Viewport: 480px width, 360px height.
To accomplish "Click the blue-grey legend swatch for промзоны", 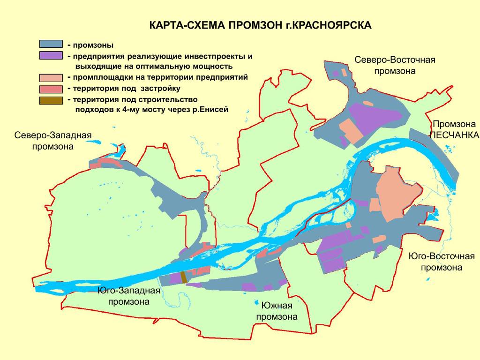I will click(x=51, y=45).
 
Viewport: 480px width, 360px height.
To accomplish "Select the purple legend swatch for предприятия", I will click(x=51, y=55).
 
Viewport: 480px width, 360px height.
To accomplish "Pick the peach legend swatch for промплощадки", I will click(x=51, y=78).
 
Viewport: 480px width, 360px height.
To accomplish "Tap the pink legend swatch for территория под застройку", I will click(x=51, y=89).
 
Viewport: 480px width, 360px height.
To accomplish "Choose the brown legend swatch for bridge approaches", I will click(x=51, y=100).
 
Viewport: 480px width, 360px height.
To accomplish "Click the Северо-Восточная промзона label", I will click(x=395, y=66).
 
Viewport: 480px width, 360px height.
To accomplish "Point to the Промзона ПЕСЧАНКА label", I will click(x=454, y=129).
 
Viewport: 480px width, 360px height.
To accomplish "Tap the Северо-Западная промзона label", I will click(x=52, y=141).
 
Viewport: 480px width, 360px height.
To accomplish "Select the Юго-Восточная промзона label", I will click(x=441, y=262).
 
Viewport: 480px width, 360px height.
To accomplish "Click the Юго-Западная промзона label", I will click(x=129, y=296).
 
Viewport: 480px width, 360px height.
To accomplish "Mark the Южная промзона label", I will click(x=277, y=311).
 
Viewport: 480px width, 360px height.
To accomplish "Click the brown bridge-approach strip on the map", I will click(x=184, y=277).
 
